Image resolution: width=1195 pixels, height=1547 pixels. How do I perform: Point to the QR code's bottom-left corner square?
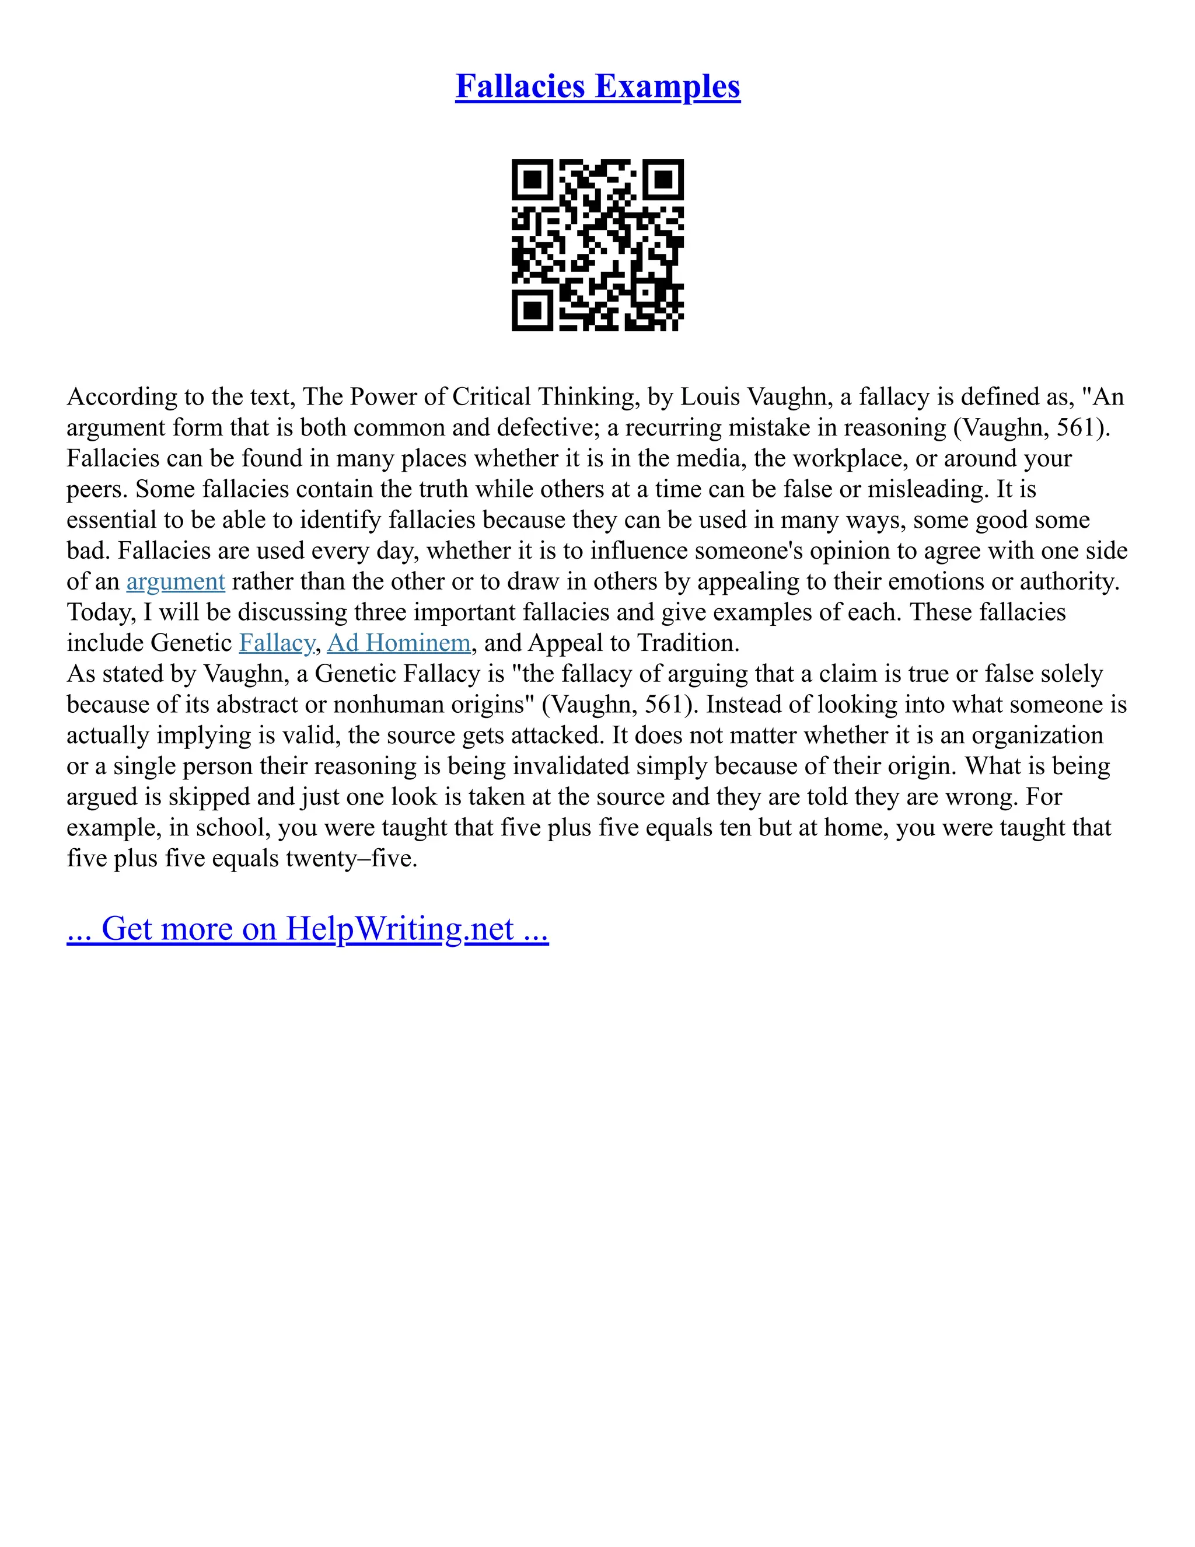click(532, 310)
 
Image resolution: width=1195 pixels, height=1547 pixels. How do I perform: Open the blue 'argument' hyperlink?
click(176, 581)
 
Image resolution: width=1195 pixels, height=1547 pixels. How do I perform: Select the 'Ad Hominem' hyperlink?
click(399, 643)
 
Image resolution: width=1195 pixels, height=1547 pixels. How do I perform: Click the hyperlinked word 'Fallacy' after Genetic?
click(277, 643)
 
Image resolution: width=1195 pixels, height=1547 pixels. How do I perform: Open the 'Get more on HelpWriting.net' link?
click(308, 929)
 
